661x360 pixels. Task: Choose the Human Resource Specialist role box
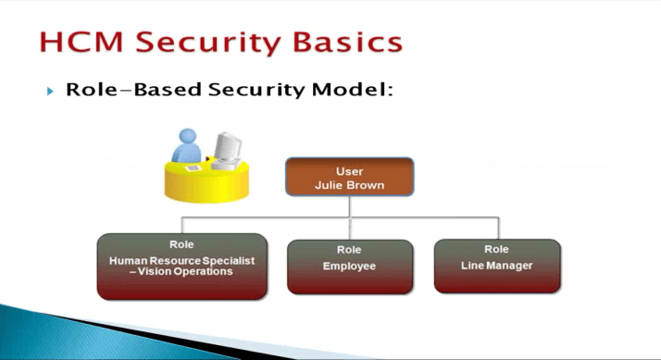click(181, 267)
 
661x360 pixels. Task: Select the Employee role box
click(349, 267)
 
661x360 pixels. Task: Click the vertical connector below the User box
click(349, 206)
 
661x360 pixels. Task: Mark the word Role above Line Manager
click(496, 249)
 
